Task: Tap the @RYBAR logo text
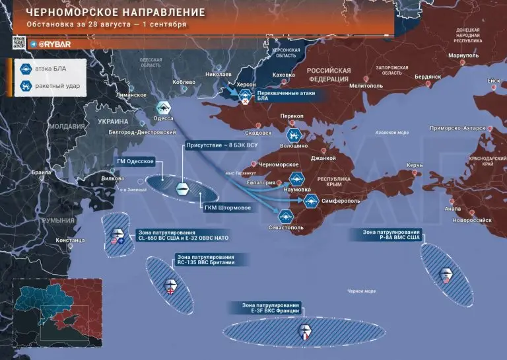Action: (54, 44)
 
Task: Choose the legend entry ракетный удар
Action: (57, 85)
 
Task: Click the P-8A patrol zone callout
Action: (391, 236)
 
